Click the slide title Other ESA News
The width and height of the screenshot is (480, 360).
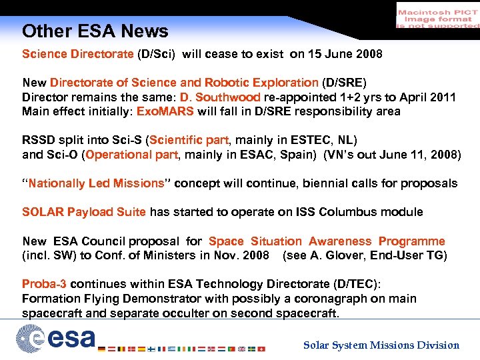(95, 31)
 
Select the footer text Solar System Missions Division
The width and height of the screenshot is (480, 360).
(381, 345)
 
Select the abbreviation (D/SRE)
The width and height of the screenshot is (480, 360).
(344, 83)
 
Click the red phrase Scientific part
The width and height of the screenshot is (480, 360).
(189, 140)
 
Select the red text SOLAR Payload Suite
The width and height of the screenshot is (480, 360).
(84, 212)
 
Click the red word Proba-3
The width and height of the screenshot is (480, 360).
(45, 284)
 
